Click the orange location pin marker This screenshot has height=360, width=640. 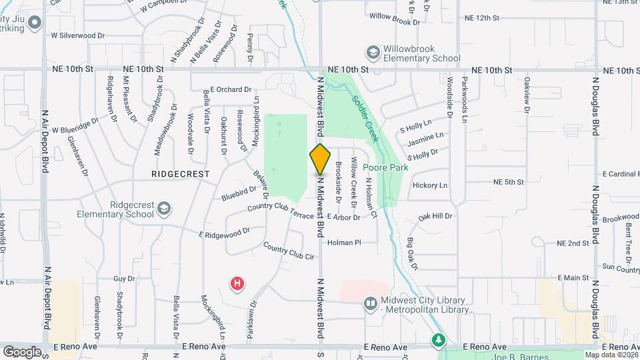[320, 159]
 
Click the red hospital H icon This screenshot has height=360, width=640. [237, 285]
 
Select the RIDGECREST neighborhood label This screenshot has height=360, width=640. [180, 173]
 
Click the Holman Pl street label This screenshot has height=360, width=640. [344, 243]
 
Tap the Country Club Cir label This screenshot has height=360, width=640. [288, 251]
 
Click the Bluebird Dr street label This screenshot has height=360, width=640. [239, 193]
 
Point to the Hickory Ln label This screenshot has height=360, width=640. [430, 185]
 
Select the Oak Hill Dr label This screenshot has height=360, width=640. [435, 216]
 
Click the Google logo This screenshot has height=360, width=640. [22, 351]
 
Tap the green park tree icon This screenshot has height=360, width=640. [437, 341]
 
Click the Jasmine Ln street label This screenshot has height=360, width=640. [425, 137]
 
